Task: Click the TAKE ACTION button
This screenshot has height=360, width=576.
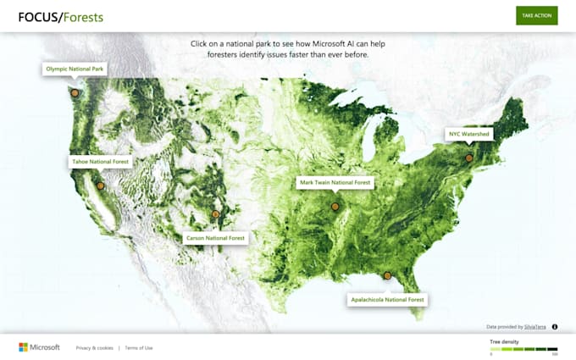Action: click(537, 15)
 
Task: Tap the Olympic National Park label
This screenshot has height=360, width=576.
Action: click(75, 69)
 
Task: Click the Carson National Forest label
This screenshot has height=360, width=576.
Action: click(216, 238)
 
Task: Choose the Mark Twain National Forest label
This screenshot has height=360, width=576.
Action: click(335, 182)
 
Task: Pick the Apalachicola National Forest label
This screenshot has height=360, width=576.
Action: click(387, 299)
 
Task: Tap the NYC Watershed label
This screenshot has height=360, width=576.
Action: click(469, 134)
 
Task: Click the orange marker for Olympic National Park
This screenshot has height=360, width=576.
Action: click(75, 93)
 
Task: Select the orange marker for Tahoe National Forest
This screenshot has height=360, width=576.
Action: click(100, 186)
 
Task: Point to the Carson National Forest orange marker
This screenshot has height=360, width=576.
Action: click(215, 214)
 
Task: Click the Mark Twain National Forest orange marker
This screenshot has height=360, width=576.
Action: click(335, 206)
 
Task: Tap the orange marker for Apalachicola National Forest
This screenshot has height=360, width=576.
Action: click(387, 275)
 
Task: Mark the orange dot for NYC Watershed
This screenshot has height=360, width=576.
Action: click(468, 158)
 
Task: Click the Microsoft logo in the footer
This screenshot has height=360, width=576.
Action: click(39, 347)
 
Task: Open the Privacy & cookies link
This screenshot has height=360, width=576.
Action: click(94, 348)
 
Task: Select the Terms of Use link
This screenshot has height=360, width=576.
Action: click(139, 348)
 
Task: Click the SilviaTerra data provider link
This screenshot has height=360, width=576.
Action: click(534, 326)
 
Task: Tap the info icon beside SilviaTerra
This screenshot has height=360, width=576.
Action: click(555, 326)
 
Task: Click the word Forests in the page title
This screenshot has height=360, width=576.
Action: click(86, 16)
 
